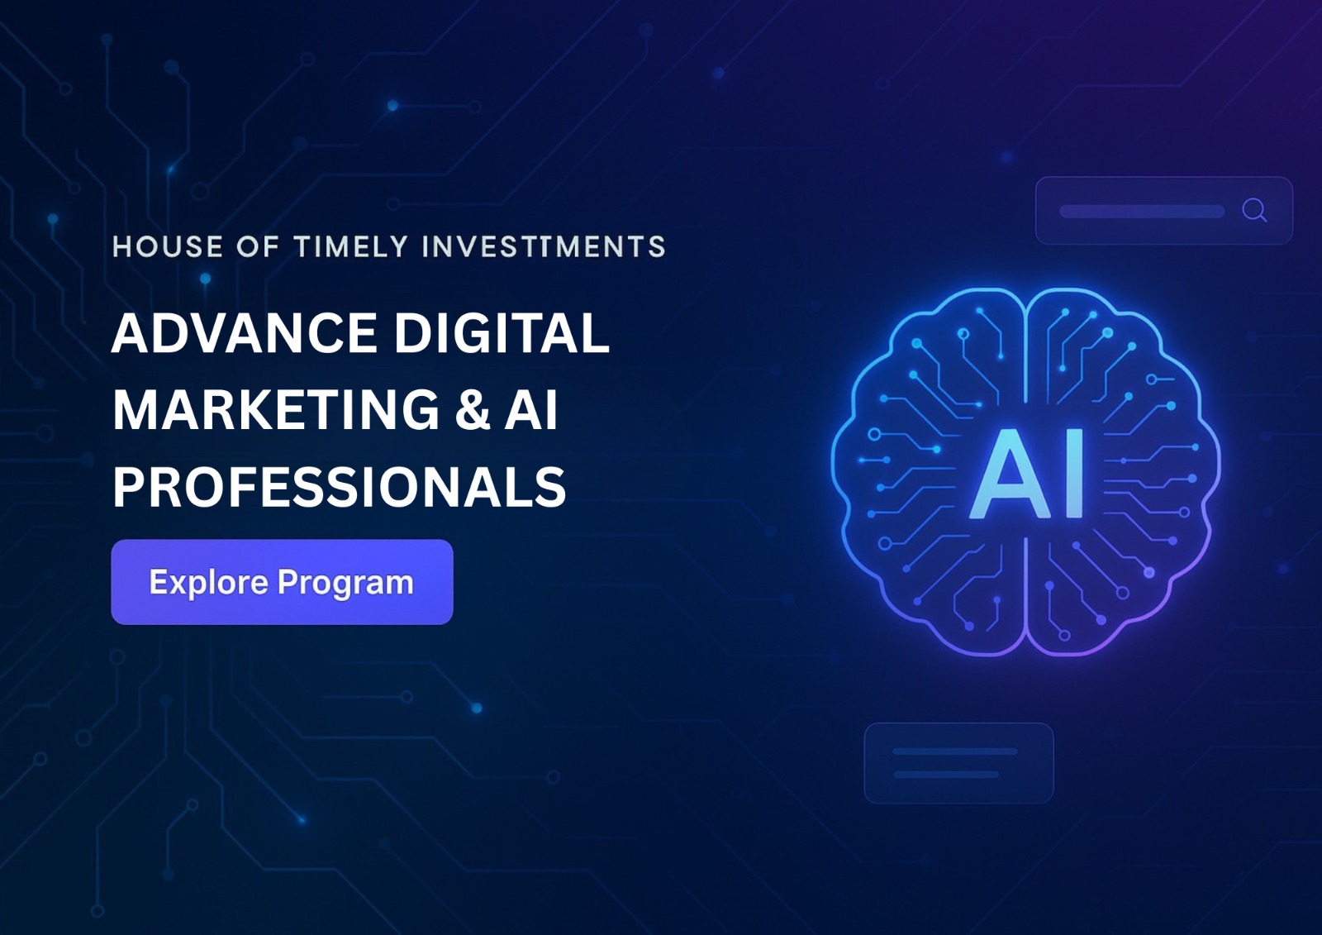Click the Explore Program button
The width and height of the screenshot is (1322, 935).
282,582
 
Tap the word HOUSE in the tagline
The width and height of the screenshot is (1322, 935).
168,247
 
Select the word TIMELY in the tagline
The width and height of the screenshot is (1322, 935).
351,247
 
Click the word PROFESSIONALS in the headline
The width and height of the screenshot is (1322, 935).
340,487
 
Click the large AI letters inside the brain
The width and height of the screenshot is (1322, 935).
1025,473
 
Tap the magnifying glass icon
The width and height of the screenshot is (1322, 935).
1254,210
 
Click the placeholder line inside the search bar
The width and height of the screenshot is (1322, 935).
1142,212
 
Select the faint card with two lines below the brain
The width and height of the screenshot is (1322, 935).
959,762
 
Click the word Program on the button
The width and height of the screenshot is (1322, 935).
346,583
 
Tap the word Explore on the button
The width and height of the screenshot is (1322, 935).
209,583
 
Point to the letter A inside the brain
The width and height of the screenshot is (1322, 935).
1009,473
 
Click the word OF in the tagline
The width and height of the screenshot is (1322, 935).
258,247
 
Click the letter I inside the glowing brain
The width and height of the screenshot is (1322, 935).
1074,473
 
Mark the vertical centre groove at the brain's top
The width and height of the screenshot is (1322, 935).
1027,355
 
